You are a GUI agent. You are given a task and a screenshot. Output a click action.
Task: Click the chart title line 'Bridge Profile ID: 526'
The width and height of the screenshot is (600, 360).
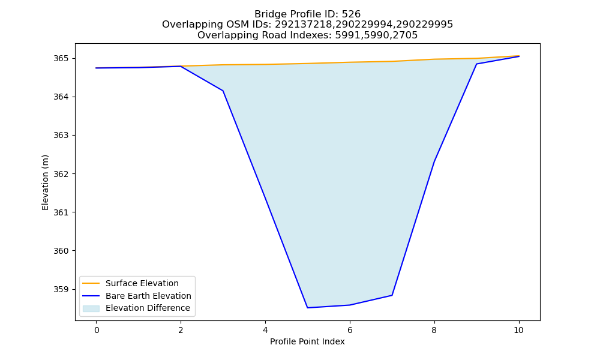(x=307, y=14)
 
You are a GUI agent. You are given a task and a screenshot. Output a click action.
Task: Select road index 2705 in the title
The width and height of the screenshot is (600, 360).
(x=405, y=35)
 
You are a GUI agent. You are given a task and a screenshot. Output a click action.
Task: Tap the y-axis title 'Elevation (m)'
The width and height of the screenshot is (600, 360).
(x=46, y=182)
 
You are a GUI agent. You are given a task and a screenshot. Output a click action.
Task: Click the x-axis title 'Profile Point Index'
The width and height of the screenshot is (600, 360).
(x=307, y=341)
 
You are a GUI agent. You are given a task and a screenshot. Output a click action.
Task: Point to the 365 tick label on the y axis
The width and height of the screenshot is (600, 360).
(x=61, y=59)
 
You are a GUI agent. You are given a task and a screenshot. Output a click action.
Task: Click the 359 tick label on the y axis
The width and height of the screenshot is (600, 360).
(x=61, y=290)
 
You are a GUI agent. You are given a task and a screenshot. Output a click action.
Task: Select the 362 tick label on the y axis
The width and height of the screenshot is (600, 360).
(x=61, y=174)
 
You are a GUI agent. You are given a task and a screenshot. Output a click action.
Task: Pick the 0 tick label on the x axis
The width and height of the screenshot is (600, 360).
(x=97, y=330)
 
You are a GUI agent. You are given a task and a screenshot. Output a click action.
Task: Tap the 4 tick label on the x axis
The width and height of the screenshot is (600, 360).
(x=265, y=330)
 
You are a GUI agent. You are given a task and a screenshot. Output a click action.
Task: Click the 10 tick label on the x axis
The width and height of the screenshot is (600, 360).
(x=518, y=330)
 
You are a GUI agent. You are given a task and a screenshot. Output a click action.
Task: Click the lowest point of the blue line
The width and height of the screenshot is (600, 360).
(x=307, y=308)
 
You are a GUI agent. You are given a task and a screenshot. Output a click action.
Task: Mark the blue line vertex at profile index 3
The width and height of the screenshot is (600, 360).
(x=223, y=91)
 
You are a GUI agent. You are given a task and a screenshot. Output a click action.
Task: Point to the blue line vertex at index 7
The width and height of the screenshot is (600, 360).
(x=392, y=295)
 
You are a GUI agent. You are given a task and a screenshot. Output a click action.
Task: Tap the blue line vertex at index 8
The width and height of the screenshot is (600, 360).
(x=434, y=161)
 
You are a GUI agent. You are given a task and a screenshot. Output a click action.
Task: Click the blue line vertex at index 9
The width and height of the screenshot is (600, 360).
(x=476, y=64)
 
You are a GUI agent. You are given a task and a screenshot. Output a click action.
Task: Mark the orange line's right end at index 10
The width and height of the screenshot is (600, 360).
(x=519, y=56)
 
